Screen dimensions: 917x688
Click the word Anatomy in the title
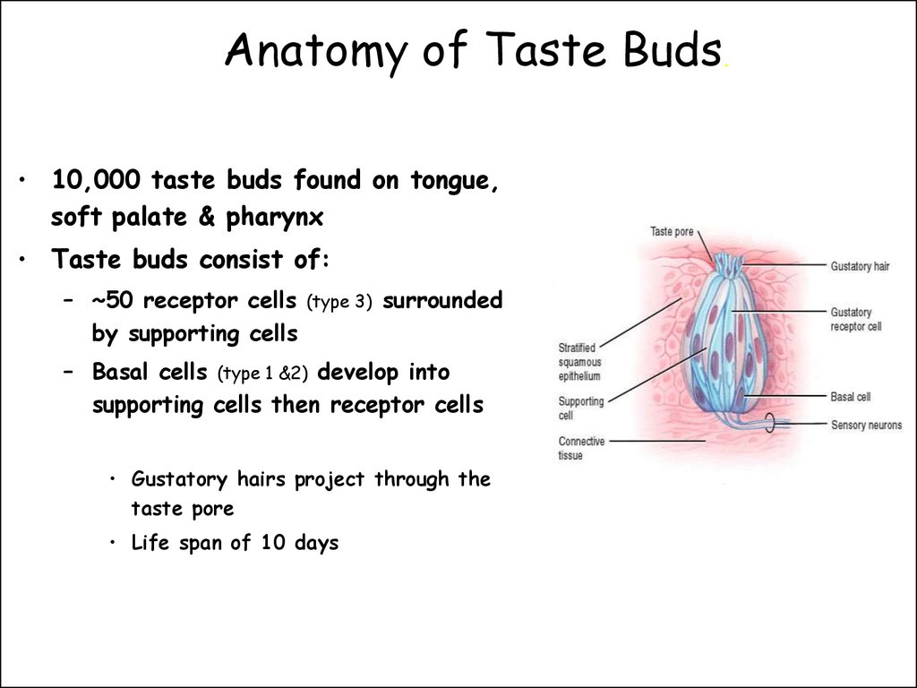tap(317, 51)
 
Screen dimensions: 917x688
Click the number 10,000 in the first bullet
tap(96, 180)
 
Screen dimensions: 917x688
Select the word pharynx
tap(275, 218)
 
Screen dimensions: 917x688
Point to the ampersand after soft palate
tap(207, 217)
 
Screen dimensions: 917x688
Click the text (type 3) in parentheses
tap(339, 302)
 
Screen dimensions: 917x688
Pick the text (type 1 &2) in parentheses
tap(262, 374)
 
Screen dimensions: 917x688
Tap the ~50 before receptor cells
tap(112, 300)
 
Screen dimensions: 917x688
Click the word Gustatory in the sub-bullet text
tap(179, 480)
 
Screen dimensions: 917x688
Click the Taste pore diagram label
tap(672, 232)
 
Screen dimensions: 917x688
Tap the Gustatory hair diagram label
tap(861, 267)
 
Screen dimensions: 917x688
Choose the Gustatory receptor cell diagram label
tap(856, 320)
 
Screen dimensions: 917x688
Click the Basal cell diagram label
tap(851, 397)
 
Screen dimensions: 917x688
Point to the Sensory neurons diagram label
tap(867, 425)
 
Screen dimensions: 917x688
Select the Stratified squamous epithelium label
tap(579, 362)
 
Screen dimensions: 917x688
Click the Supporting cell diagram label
tap(580, 408)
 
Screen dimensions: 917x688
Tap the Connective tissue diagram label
tap(581, 448)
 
